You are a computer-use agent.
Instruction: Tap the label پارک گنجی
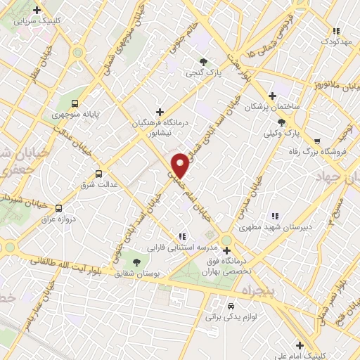pos(200,72)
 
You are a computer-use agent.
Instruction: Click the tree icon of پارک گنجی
pos(203,61)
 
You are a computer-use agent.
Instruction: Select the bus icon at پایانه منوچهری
pos(76,103)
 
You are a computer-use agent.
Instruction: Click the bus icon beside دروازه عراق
pos(59,208)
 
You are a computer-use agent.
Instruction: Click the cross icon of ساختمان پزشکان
pos(273,96)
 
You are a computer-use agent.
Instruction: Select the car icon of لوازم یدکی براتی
pos(231,307)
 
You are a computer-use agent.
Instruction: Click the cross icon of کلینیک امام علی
pos(300,345)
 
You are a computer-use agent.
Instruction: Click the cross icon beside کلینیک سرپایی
pos(37,10)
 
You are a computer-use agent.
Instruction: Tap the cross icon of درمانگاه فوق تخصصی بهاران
pos(226,250)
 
